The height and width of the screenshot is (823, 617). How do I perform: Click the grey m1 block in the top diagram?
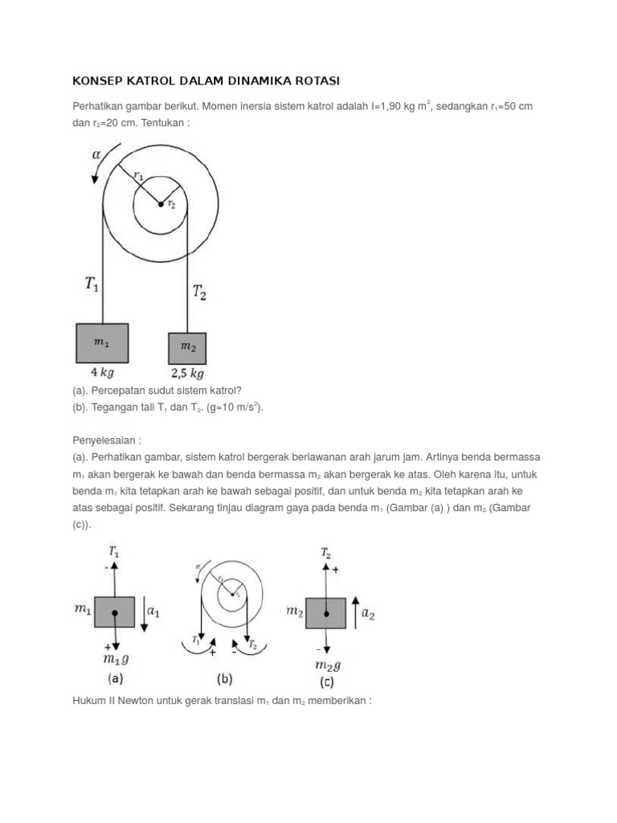click(x=102, y=343)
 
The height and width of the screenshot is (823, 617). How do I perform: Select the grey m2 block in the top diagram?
click(x=187, y=348)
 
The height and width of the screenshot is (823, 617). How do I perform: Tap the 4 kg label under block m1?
click(x=102, y=373)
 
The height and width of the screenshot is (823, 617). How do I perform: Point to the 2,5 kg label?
click(x=187, y=374)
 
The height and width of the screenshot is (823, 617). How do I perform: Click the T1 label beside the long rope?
click(x=93, y=283)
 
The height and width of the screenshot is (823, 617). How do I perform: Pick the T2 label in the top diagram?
click(x=198, y=293)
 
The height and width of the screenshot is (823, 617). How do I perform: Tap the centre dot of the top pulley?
click(x=161, y=204)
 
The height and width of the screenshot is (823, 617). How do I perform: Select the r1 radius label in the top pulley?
click(x=138, y=174)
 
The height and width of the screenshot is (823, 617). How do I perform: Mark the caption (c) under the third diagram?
click(x=326, y=682)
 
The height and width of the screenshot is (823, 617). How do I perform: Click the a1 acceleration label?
click(x=153, y=612)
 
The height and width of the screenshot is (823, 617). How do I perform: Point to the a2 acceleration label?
click(x=367, y=614)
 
